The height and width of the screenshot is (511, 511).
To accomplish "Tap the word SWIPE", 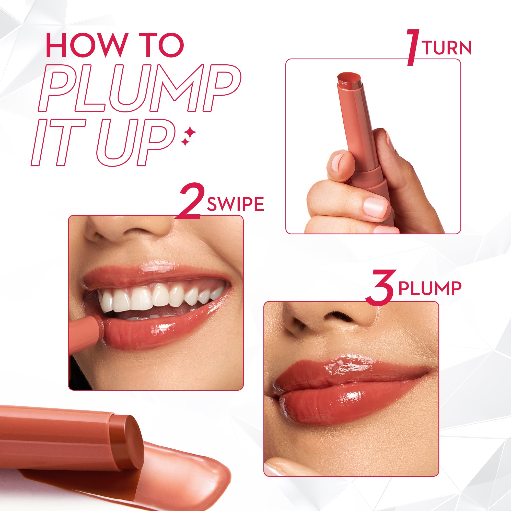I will click(235, 204).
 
